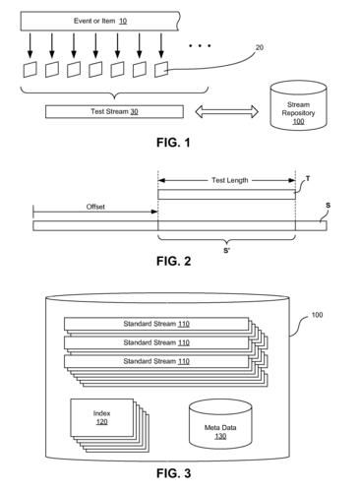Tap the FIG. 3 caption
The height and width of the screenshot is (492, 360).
click(x=179, y=474)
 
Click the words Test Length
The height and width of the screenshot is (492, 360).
click(x=226, y=179)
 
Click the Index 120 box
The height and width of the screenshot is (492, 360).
click(x=101, y=417)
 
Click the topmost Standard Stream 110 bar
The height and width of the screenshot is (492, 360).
click(x=157, y=324)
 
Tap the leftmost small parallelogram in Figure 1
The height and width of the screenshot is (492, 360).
click(x=31, y=69)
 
